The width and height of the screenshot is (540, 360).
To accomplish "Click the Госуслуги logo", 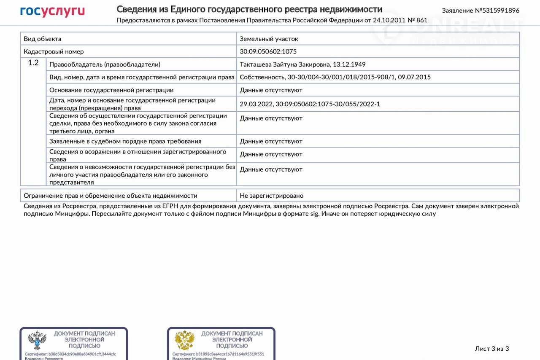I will pos(52,11).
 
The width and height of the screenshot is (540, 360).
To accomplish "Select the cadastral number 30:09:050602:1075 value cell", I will pos(268,51).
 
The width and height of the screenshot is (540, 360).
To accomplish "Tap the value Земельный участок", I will pos(269,39).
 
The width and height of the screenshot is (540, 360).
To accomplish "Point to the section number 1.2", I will pos(33,63).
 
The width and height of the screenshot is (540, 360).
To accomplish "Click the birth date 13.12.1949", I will pos(349,64).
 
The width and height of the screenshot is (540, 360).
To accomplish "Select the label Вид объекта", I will pos(43,39).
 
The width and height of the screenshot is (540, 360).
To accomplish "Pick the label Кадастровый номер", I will pos(54,51).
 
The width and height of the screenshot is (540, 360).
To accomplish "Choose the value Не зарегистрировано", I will pos(271,196).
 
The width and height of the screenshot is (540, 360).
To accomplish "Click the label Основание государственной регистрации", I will pos(111,90).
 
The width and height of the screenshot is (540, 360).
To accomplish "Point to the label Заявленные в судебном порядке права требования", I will pos(125,141).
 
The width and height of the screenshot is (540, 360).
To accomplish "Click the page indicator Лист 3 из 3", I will pos(492,349).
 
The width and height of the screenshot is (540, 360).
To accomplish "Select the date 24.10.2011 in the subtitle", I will pos(388,20).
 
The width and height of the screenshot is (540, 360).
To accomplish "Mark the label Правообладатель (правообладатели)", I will pos(105,64).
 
